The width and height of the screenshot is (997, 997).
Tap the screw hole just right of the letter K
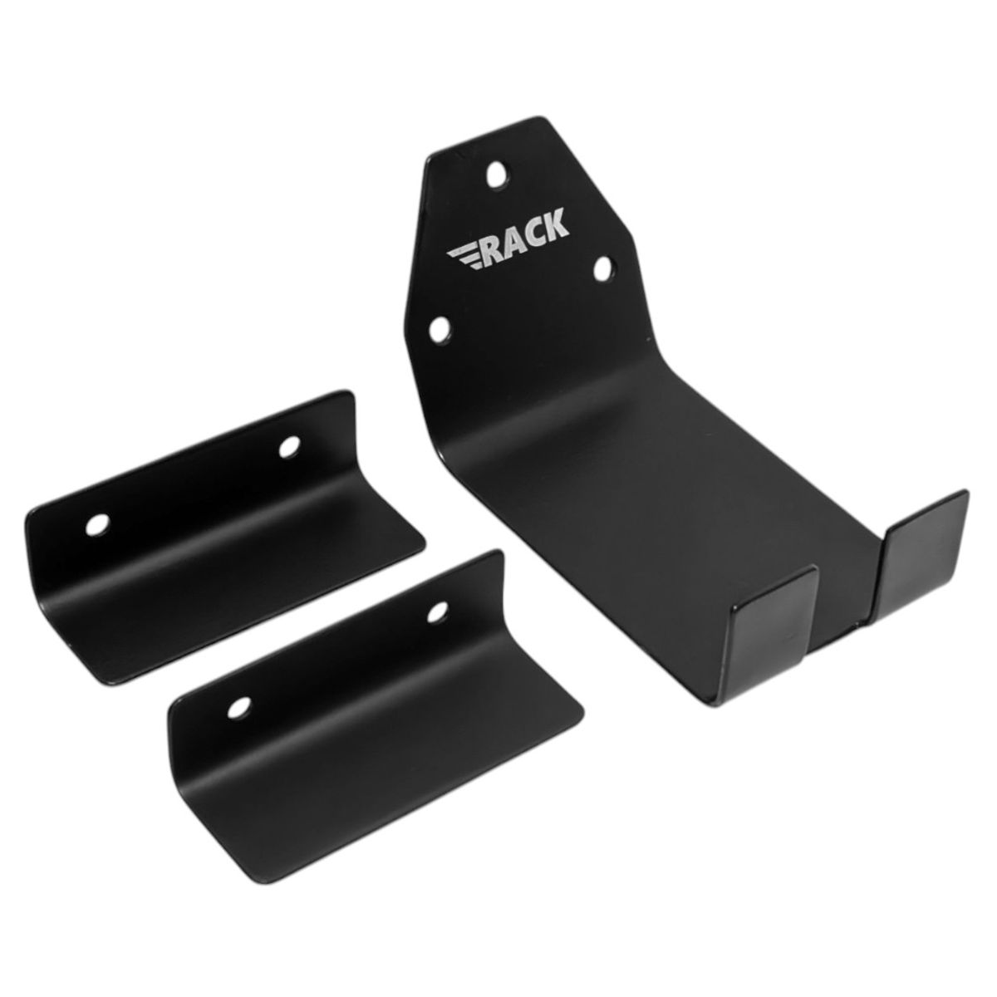pyautogui.click(x=602, y=268)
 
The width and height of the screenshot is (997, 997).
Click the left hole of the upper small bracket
pyautogui.click(x=98, y=525)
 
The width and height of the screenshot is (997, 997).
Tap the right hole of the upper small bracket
pyautogui.click(x=289, y=447)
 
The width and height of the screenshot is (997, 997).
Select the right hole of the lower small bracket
pyautogui.click(x=437, y=614)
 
